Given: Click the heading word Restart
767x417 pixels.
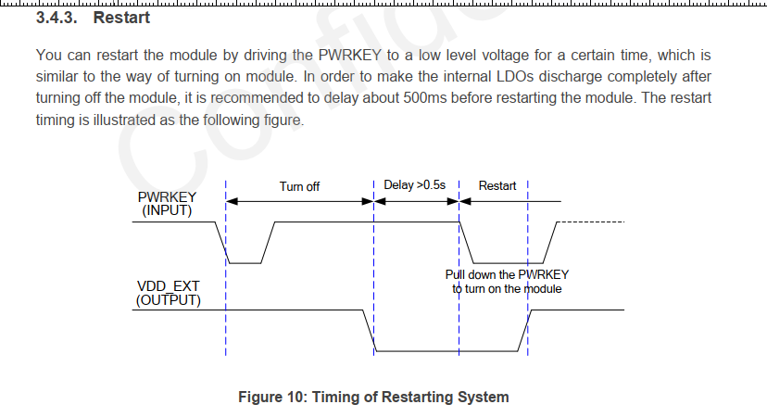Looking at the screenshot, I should [x=121, y=18].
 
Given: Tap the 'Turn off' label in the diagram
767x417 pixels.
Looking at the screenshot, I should [x=299, y=186].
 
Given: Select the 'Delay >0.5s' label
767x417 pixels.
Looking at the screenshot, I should [x=415, y=185].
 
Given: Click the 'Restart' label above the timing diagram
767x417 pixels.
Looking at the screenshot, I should [x=497, y=185].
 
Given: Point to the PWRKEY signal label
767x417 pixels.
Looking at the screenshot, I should [x=167, y=197].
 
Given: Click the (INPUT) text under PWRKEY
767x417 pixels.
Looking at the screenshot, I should [x=168, y=210].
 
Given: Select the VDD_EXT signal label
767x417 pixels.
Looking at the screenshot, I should [x=168, y=286].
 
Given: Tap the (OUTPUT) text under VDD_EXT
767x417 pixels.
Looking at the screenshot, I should [x=168, y=300].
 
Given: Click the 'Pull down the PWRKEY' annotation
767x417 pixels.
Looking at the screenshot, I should [x=507, y=274].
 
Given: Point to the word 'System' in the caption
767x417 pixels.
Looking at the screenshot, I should [x=483, y=398].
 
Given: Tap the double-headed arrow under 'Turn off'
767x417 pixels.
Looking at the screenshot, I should [x=299, y=201].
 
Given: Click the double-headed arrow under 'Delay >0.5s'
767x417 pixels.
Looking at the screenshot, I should [x=417, y=201].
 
